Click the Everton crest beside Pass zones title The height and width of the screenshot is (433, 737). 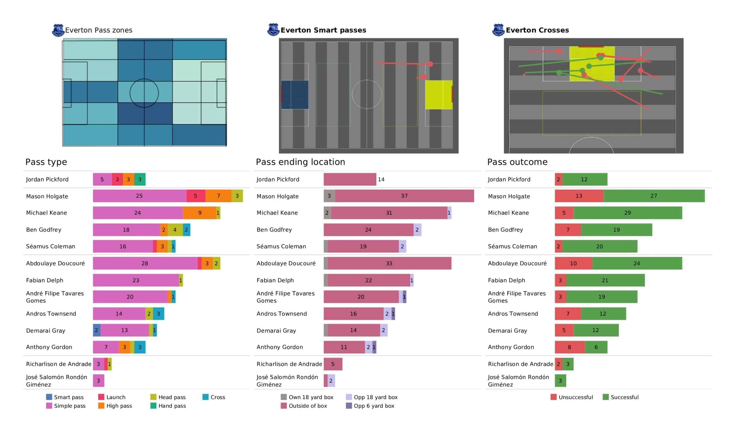pos(58,30)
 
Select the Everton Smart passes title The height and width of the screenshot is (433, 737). pos(323,30)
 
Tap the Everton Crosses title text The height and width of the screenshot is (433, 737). pos(537,30)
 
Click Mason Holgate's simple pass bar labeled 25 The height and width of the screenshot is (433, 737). pos(140,196)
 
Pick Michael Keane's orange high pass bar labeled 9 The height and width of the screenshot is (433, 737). pos(200,213)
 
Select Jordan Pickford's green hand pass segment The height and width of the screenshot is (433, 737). pos(140,179)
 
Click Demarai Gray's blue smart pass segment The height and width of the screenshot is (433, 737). pos(96,330)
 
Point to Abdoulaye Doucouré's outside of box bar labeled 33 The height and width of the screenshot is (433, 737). pos(389,263)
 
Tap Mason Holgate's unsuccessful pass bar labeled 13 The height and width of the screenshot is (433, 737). pos(579,196)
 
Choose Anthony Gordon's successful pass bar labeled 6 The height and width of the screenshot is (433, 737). pos(596,347)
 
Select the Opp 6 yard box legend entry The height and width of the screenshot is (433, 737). pos(370,406)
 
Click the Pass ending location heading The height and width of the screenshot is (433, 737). pos(300,162)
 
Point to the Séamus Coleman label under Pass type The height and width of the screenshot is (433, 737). pos(51,246)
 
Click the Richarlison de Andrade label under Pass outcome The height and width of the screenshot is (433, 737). pos(521,364)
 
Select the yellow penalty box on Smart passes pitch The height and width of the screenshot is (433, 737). pos(439,95)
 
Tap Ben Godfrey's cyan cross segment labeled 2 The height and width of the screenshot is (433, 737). pos(187,230)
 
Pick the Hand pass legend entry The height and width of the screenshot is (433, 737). pos(168,406)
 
